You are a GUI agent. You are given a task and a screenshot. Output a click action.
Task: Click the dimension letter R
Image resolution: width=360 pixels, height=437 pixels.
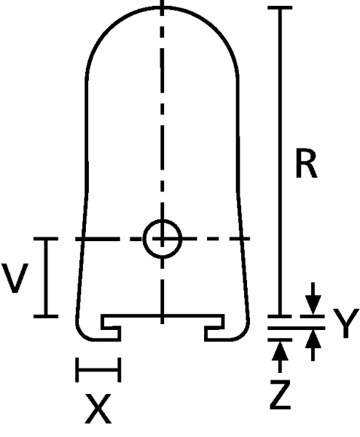306,164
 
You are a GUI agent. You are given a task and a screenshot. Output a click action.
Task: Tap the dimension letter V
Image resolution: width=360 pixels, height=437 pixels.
15,278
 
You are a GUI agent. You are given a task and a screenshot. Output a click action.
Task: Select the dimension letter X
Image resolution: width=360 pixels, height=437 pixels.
98,409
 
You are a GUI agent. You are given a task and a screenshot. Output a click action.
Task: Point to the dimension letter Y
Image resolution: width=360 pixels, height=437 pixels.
345,323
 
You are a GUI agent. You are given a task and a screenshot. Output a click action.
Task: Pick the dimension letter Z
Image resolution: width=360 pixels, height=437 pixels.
281,395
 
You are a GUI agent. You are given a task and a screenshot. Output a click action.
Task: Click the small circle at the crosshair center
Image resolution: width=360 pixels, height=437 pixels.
163,239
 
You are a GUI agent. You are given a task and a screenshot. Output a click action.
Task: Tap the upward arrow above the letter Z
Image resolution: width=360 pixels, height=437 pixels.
280,358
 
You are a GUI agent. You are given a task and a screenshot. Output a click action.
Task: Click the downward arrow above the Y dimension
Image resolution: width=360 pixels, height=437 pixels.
313,298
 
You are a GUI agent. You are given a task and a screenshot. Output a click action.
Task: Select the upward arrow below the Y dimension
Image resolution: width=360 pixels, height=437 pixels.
313,345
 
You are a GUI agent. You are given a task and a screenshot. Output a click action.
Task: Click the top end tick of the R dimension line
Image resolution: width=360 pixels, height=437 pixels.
280,7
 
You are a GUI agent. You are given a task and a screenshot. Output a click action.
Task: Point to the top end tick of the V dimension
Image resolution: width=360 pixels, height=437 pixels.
46,239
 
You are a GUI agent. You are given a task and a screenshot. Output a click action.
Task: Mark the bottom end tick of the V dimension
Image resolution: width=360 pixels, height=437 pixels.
46,316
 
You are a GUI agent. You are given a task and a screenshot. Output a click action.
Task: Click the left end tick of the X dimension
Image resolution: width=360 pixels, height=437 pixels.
77,370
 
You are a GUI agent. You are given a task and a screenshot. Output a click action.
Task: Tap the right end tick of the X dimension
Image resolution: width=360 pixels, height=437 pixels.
120,370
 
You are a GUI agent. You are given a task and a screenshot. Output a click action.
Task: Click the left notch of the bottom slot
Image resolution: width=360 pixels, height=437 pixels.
111,328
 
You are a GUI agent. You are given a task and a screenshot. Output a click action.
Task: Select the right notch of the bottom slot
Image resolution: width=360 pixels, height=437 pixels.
214,328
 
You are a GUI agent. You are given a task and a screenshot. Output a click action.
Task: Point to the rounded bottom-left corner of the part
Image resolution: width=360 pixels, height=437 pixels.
82,334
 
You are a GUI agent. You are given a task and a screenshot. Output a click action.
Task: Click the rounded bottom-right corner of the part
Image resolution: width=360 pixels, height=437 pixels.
243,334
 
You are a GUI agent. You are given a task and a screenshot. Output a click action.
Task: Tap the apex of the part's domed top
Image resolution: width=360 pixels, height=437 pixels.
163,7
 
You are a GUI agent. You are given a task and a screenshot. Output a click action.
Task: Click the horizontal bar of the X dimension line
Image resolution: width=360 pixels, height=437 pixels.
98,370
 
